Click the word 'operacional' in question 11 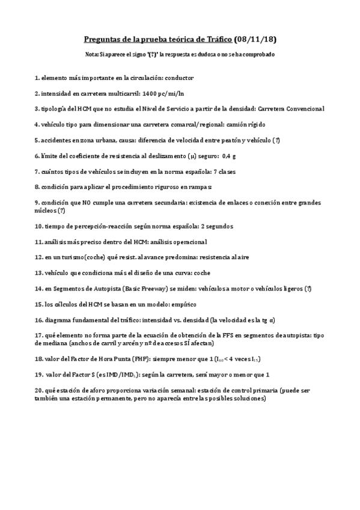tap(187, 241)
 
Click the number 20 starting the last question tap(39, 390)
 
